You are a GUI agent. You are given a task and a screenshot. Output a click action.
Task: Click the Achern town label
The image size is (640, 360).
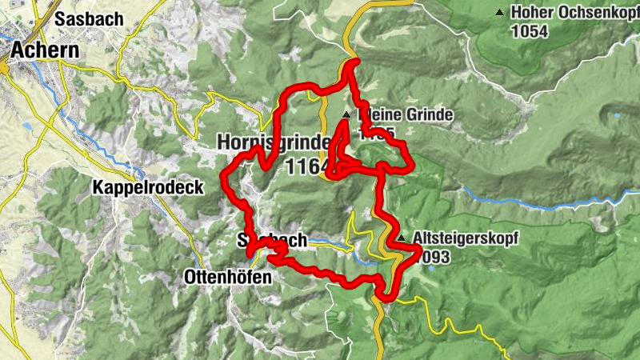[x=44, y=50]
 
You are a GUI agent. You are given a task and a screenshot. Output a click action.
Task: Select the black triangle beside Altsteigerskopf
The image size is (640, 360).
[x=402, y=238]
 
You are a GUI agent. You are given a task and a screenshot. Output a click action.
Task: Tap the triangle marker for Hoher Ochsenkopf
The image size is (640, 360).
[x=501, y=13]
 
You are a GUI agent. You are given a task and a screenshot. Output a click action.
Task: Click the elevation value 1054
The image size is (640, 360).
[x=532, y=30]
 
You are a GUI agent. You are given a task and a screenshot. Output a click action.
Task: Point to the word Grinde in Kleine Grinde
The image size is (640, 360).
[x=428, y=116]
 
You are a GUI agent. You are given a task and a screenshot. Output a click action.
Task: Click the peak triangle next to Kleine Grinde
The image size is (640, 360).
[x=346, y=116]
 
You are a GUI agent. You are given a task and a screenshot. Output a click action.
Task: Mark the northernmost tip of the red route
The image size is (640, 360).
[x=352, y=63]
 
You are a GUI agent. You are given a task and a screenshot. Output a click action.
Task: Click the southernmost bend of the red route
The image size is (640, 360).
[x=387, y=298]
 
